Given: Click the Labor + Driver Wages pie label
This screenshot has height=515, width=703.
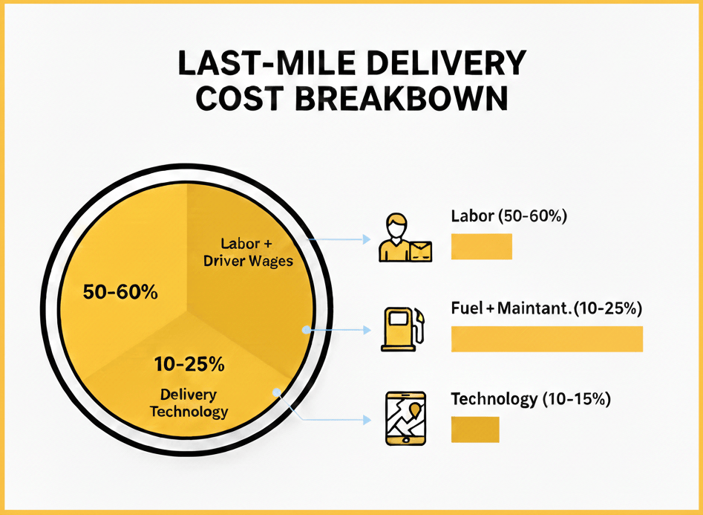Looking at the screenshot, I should tap(247, 252).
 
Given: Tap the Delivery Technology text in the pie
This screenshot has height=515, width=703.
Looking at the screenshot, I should tap(189, 403).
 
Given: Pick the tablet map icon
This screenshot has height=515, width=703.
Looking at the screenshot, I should tap(405, 419).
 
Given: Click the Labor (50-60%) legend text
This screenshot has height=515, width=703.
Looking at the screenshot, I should tap(509, 217).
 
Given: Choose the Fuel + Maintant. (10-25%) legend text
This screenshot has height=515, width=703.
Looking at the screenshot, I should tap(546, 308).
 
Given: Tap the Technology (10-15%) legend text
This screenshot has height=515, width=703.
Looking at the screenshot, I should tap(531, 399).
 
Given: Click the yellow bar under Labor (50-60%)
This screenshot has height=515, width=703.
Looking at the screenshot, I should tap(482, 247).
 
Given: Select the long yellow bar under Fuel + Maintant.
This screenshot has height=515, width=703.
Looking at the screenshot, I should tap(547, 338).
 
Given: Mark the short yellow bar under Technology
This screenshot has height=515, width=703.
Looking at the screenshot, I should tap(475, 430).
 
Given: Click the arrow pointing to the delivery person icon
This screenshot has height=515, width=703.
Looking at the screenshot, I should tap(341, 239).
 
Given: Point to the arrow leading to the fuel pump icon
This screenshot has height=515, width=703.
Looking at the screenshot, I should tap(338, 328).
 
